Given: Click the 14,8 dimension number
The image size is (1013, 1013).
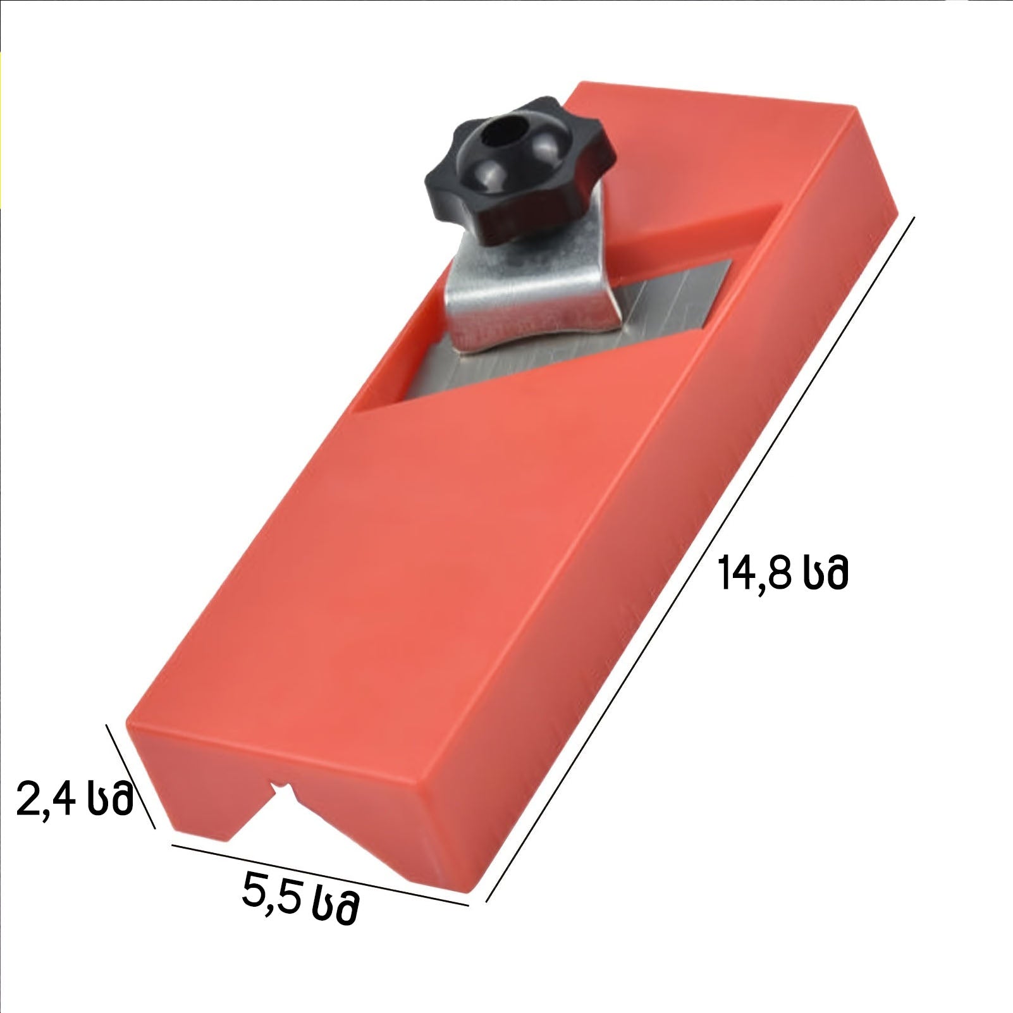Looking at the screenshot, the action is coord(755,573).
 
